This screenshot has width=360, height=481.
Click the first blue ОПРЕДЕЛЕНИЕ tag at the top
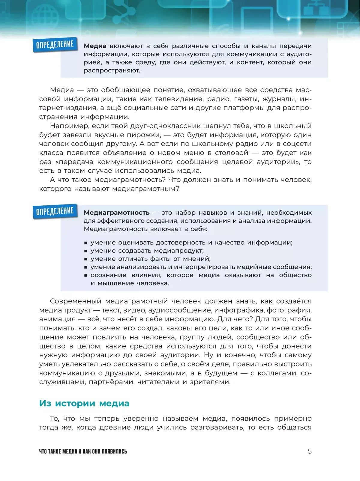[55, 44]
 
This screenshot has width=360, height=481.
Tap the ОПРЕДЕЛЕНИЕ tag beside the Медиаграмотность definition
[55, 211]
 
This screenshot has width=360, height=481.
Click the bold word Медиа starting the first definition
[95, 46]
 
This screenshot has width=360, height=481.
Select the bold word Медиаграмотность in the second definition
[116, 213]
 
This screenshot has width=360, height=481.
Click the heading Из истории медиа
[84, 403]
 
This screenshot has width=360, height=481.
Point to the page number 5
[310, 451]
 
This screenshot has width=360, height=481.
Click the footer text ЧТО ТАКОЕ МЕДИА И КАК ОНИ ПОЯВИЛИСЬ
[83, 452]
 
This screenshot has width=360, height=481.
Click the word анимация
[57, 319]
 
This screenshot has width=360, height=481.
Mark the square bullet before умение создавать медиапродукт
[86, 251]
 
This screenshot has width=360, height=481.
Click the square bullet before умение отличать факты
[86, 259]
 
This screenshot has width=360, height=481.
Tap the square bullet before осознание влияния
[86, 275]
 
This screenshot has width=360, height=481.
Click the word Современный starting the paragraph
[75, 301]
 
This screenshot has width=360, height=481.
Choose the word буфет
[49, 135]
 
